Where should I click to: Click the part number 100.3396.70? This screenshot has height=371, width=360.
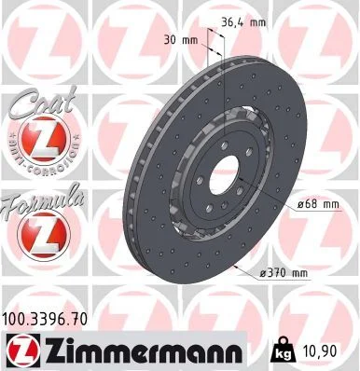tap(47, 319)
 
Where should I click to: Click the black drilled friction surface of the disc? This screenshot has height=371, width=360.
tap(154, 214)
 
